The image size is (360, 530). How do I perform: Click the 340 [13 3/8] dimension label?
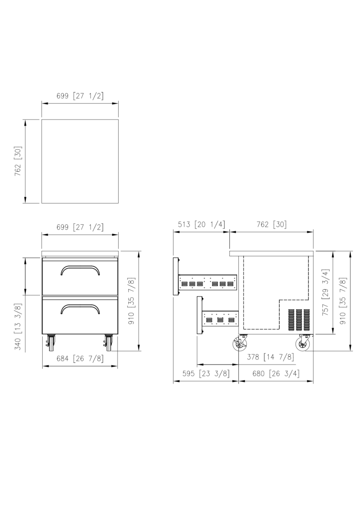tap(18, 327)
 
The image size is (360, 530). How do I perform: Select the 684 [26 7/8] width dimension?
tap(80, 359)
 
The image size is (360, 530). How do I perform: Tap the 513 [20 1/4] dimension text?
tap(201, 224)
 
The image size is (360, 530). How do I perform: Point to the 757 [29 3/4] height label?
tap(326, 292)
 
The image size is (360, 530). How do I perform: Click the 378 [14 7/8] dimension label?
tap(270, 357)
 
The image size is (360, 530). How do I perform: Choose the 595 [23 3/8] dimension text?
tap(206, 373)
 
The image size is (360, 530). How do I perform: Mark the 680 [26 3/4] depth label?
tap(276, 373)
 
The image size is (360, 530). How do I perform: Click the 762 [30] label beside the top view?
tap(18, 161)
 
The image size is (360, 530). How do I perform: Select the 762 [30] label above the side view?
tap(272, 224)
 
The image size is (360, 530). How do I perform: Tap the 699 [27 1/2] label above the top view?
tap(80, 96)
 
